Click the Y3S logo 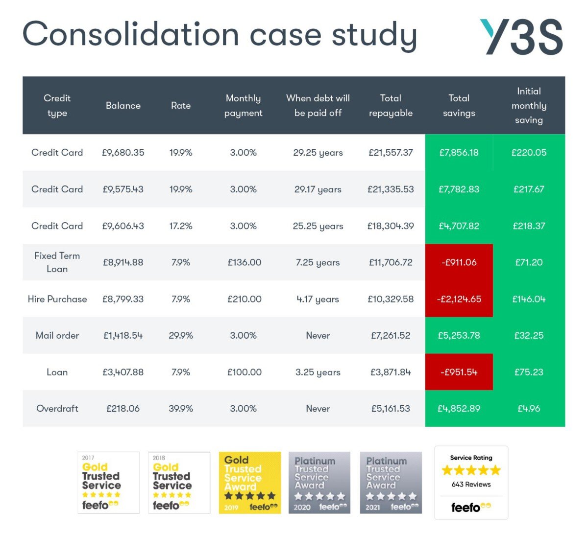521,37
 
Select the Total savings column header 459,105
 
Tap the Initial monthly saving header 529,105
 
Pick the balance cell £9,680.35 123,152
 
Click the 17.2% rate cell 181,226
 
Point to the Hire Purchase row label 57,299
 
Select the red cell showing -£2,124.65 459,299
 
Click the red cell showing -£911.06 459,262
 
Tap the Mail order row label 57,335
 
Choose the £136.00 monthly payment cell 244,262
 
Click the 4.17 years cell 318,299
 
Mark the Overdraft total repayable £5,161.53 391,408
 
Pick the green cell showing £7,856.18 459,152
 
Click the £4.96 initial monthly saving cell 529,408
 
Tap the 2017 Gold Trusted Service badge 108,483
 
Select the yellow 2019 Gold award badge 250,483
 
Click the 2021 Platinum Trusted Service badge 391,483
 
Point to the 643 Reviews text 471,484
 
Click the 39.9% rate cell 181,408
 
